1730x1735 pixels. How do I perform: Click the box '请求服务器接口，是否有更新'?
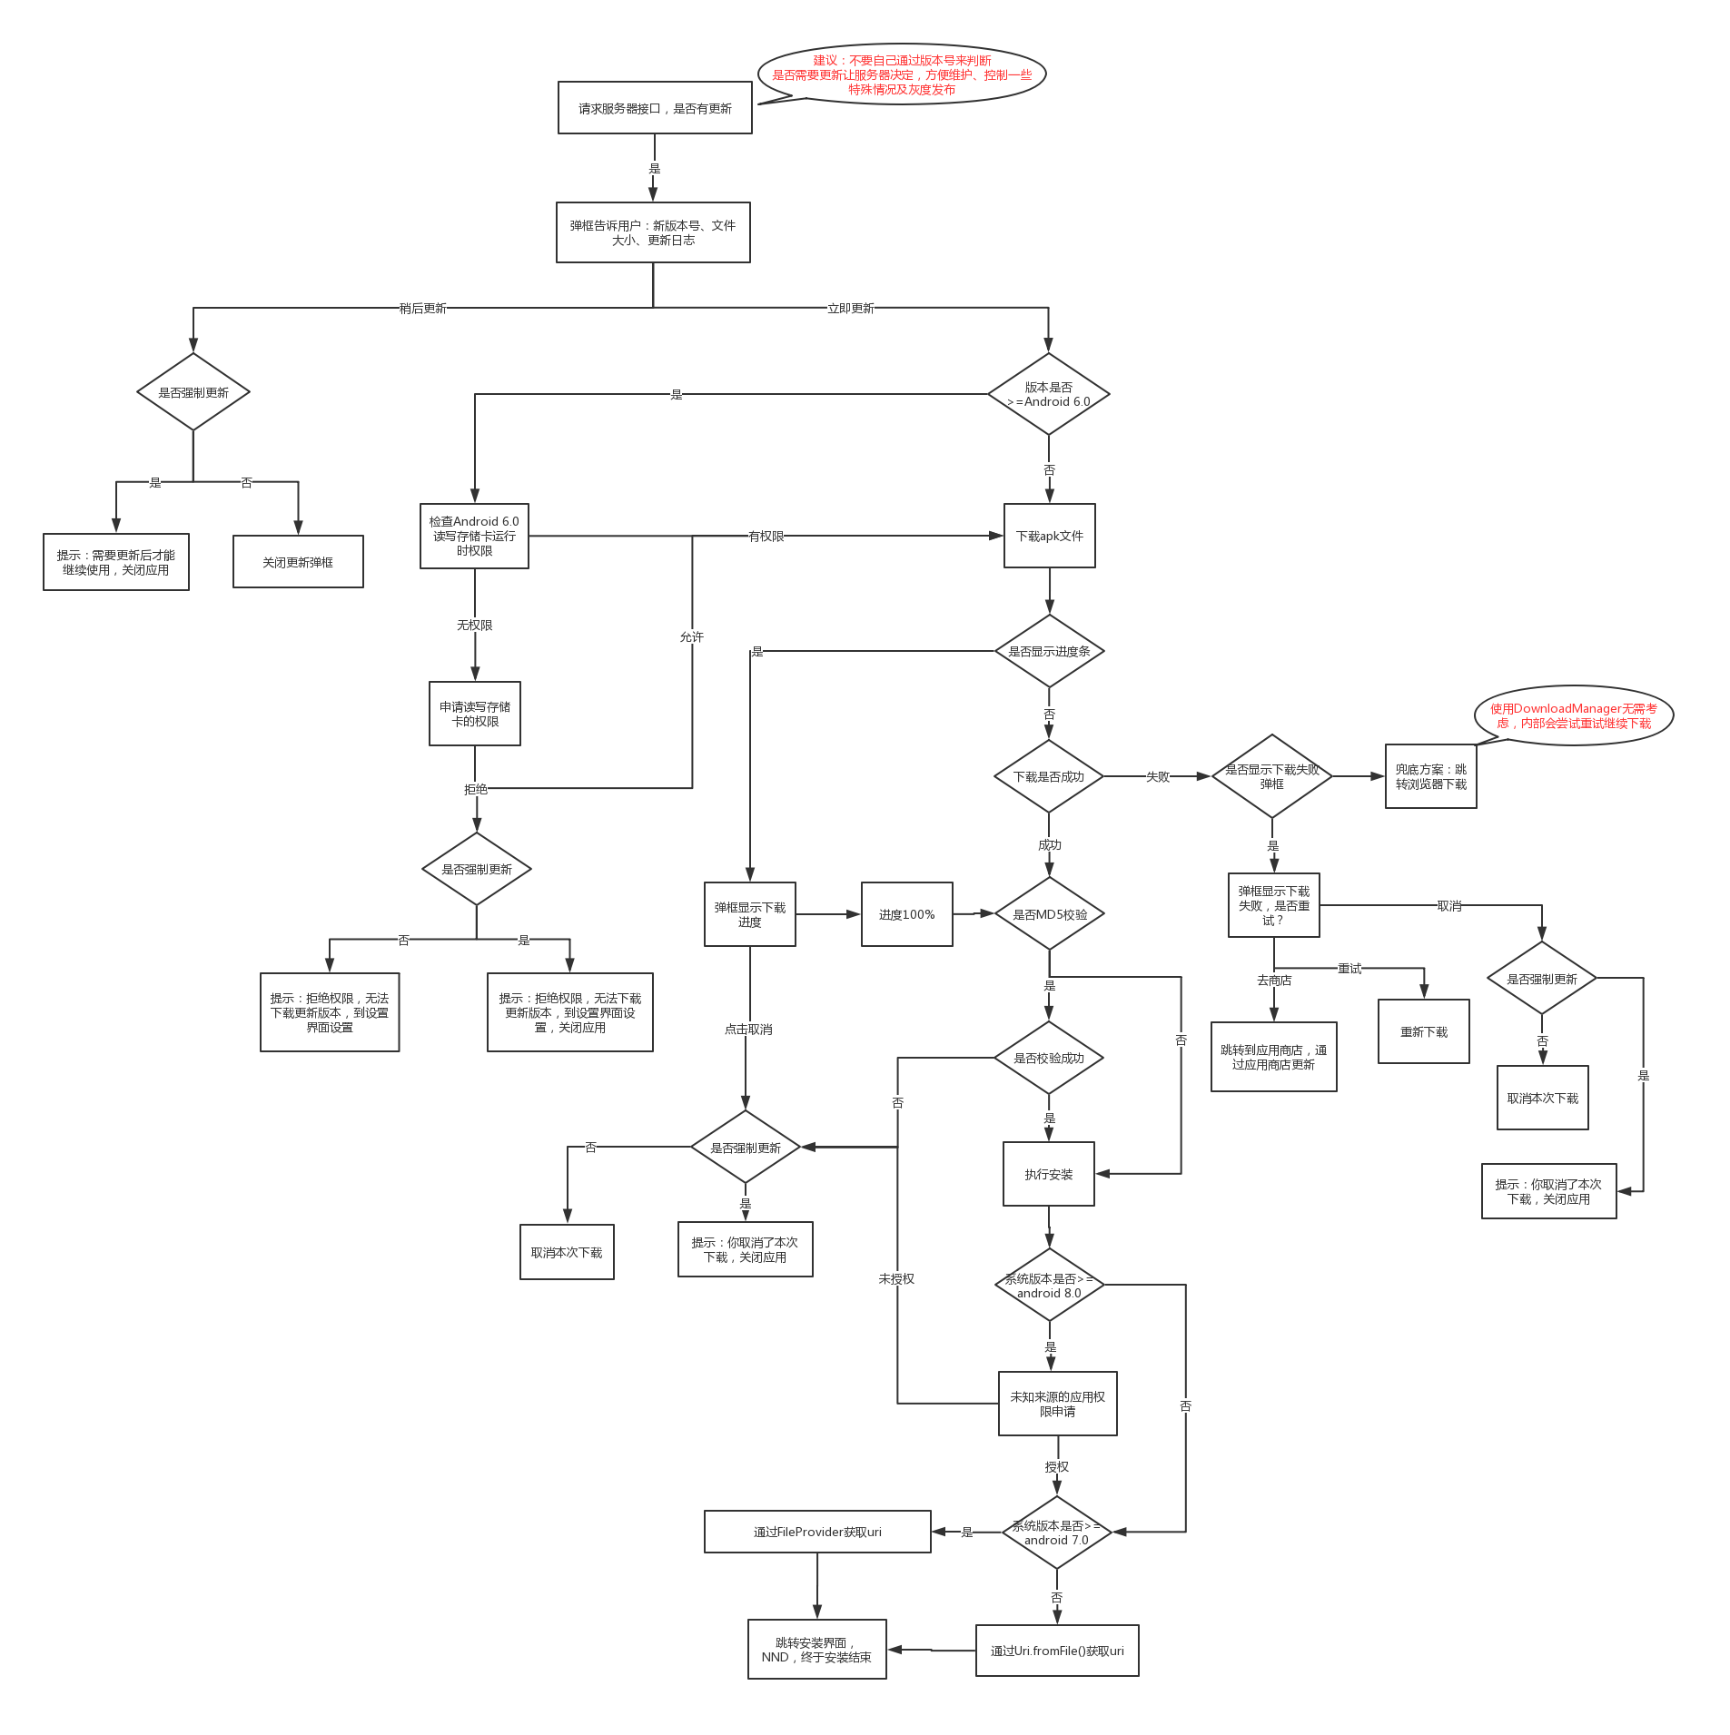[655, 108]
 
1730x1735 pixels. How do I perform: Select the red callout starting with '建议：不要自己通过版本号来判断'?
[901, 74]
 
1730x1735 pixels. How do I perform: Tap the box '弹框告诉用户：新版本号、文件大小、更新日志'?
[653, 232]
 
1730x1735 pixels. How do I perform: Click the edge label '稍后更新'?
[423, 309]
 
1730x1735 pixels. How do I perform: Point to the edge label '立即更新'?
[850, 309]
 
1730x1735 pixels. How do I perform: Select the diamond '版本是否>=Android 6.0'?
[1048, 395]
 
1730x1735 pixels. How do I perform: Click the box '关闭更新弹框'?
[298, 562]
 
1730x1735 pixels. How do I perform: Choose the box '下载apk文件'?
[1049, 536]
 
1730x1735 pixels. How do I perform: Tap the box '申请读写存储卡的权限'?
[475, 714]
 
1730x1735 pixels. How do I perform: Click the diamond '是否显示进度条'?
[1049, 651]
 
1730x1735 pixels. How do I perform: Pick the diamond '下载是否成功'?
[1049, 776]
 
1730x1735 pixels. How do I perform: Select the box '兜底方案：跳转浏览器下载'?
[1430, 776]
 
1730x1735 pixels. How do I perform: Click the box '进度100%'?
[906, 914]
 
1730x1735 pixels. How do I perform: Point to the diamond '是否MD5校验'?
[1049, 914]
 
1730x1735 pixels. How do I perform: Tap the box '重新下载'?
[1423, 1031]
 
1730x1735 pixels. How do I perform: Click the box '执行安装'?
[1048, 1174]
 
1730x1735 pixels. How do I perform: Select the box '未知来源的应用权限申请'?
[1057, 1404]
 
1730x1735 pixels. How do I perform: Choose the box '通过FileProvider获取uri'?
[817, 1532]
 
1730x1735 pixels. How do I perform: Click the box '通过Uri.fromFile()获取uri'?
[1057, 1651]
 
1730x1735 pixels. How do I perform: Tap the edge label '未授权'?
[896, 1279]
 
